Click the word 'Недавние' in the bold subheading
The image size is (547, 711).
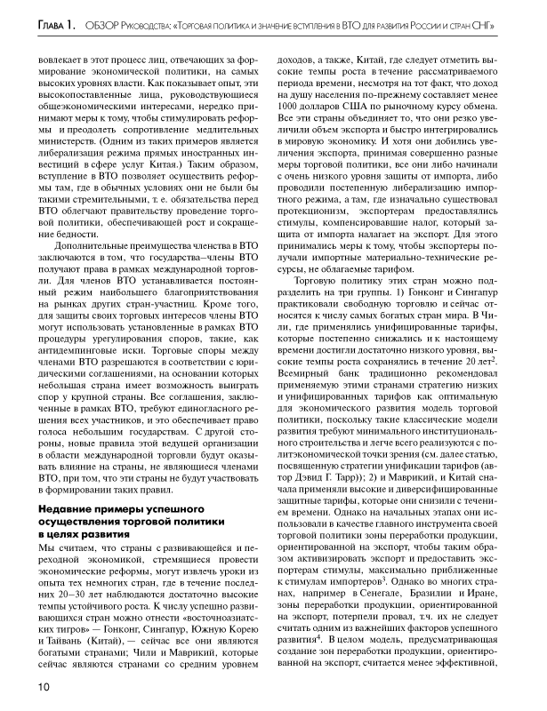69,508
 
